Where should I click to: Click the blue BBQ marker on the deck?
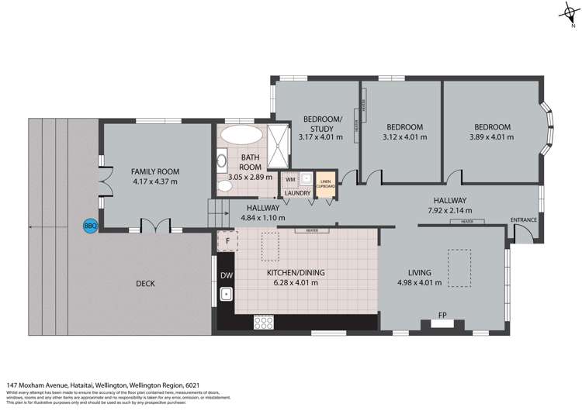tap(90, 226)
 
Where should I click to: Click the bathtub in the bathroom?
tap(241, 135)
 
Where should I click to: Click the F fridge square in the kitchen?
tap(227, 241)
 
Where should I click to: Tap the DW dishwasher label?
tap(227, 275)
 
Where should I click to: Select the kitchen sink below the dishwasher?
tap(227, 295)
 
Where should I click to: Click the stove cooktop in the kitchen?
tap(264, 321)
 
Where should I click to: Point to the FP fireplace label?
tap(443, 316)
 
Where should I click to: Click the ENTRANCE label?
tap(524, 219)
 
